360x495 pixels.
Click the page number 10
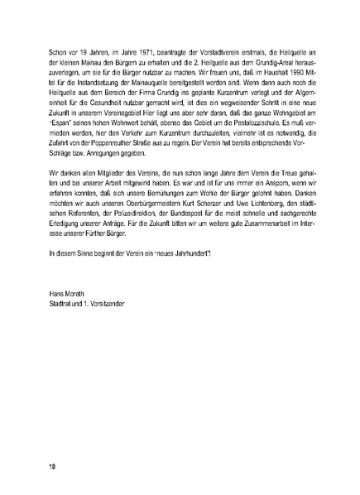click(x=51, y=467)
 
